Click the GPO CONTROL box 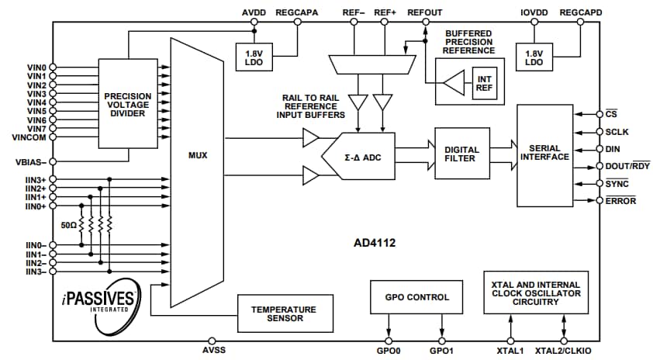416,296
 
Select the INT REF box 483,83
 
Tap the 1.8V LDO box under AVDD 252,57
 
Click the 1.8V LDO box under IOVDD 534,57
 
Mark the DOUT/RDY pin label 626,166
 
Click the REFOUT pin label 425,13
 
